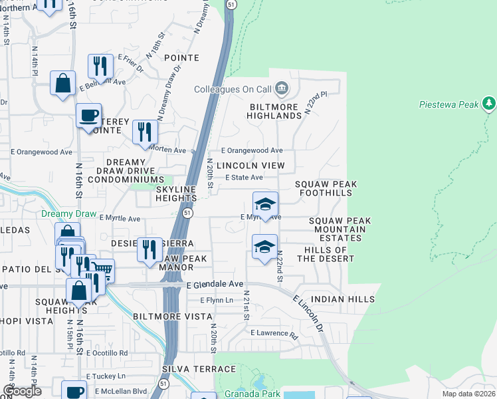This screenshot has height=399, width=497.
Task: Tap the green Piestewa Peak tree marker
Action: [490, 103]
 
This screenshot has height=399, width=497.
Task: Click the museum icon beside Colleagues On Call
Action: [282, 88]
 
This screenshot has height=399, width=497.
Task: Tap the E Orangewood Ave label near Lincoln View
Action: [252, 151]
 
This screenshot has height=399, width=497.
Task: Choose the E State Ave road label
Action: [244, 178]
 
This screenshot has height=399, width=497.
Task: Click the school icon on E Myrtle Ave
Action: [265, 204]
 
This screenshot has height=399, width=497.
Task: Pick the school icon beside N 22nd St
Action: [265, 247]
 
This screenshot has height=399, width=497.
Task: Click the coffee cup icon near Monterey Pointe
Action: [88, 116]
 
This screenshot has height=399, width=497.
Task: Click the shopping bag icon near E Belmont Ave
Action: [63, 84]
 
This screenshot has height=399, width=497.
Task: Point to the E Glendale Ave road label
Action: [215, 284]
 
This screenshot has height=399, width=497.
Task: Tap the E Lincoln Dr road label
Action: [308, 311]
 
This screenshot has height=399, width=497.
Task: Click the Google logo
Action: [22, 391]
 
